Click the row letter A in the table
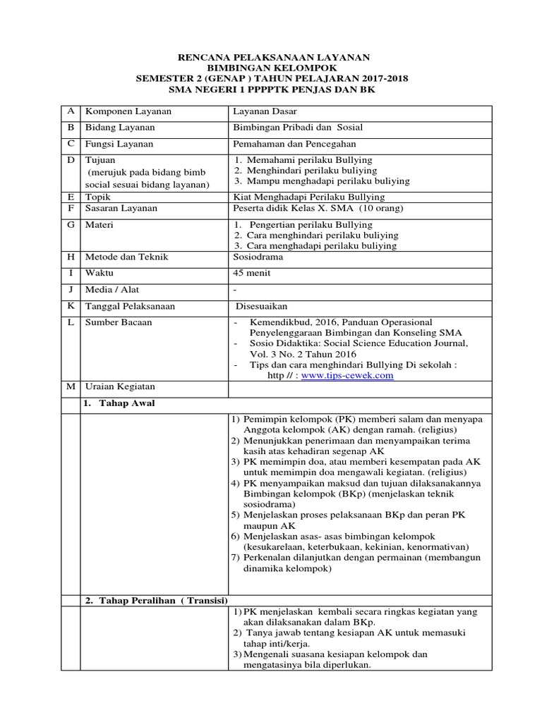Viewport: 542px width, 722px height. coord(70,111)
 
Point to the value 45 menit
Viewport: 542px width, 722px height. coord(251,274)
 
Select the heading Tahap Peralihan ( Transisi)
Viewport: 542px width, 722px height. coord(156,600)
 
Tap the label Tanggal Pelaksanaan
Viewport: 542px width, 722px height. coord(130,306)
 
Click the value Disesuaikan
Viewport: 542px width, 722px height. coord(263,306)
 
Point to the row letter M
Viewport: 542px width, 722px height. coord(70,387)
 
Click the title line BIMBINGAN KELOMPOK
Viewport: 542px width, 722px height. coord(272,68)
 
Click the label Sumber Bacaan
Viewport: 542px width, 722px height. coord(118,322)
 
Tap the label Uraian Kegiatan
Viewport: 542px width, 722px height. coord(119,387)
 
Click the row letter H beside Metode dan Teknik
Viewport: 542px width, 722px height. coord(70,257)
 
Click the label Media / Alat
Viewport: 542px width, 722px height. coord(111,290)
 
